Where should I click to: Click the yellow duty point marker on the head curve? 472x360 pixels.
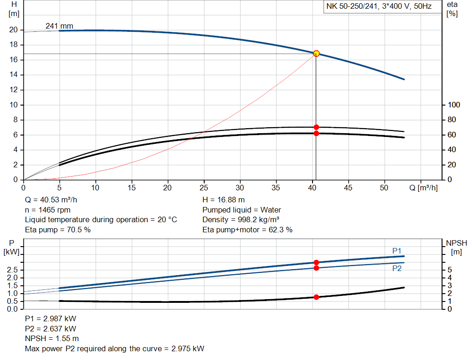pos(316,53)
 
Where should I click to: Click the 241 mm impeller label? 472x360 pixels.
pos(59,26)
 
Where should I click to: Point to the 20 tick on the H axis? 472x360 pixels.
pos(13,30)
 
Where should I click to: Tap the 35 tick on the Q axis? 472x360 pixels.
pos(276,188)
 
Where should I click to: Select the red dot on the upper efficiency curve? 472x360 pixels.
pos(316,127)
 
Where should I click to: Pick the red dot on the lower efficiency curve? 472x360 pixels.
pos(316,133)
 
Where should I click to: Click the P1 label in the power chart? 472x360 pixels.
pos(397,250)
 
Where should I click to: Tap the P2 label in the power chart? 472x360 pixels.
pos(397,268)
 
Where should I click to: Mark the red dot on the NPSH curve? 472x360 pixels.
pos(316,297)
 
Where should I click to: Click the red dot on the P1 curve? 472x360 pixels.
pos(316,262)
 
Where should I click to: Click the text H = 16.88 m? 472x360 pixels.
pos(224,200)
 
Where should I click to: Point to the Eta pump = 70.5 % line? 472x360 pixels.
pos(58,229)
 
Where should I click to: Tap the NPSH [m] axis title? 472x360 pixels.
pos(456,247)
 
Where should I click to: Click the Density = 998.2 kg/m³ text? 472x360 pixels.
pos(241,219)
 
